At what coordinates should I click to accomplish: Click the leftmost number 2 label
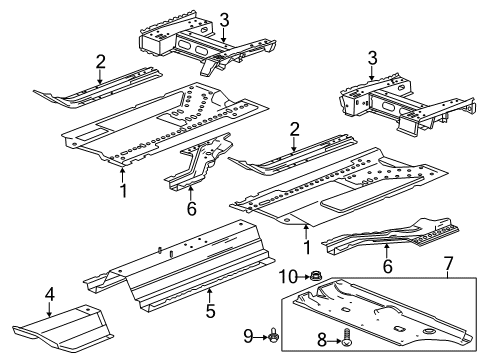click(100, 63)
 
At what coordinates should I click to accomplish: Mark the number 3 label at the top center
click(225, 19)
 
